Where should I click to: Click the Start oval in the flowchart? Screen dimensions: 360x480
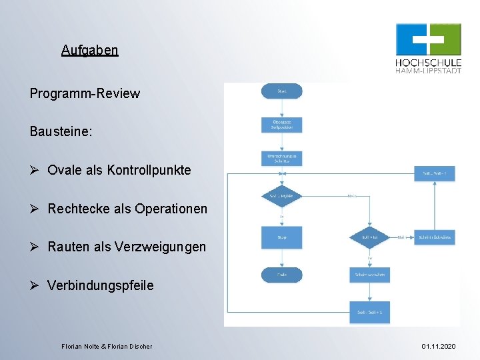click(281, 91)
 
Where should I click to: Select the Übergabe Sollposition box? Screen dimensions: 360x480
click(281, 125)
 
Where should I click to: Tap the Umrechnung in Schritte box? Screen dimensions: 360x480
click(281, 158)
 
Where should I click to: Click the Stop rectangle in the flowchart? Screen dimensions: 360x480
click(281, 237)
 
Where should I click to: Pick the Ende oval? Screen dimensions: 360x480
click(281, 275)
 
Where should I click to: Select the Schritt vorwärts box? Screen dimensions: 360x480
click(369, 275)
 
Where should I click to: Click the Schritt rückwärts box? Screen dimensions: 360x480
click(435, 237)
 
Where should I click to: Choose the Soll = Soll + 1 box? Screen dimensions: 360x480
click(369, 312)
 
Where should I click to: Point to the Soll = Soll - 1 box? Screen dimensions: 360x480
click(435, 174)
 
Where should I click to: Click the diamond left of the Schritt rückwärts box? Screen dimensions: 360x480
click(369, 237)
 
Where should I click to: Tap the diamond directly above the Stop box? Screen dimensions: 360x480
click(281, 196)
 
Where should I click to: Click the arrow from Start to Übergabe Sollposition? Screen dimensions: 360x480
click(281, 108)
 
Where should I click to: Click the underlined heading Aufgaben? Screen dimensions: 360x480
click(89, 50)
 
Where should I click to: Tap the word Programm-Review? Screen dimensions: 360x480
click(85, 93)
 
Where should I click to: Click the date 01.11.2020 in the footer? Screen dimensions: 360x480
click(439, 346)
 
